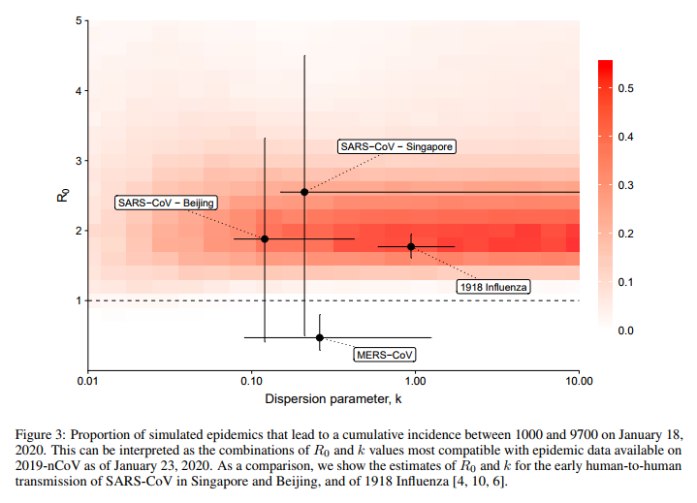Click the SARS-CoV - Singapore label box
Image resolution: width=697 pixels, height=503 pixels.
(x=396, y=146)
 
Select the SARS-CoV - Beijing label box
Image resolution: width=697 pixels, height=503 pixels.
(x=165, y=203)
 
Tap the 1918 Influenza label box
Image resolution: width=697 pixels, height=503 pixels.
(x=494, y=287)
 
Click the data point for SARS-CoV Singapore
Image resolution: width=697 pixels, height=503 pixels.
(x=304, y=192)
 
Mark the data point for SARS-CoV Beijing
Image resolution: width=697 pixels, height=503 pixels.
(x=265, y=238)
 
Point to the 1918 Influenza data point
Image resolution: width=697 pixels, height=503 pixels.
(x=411, y=246)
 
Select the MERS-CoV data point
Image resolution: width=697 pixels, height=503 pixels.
(x=320, y=337)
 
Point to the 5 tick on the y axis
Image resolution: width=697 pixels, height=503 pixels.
(x=79, y=21)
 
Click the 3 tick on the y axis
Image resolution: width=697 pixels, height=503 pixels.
(x=79, y=161)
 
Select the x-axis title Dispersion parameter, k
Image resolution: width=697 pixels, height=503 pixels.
(x=333, y=398)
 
